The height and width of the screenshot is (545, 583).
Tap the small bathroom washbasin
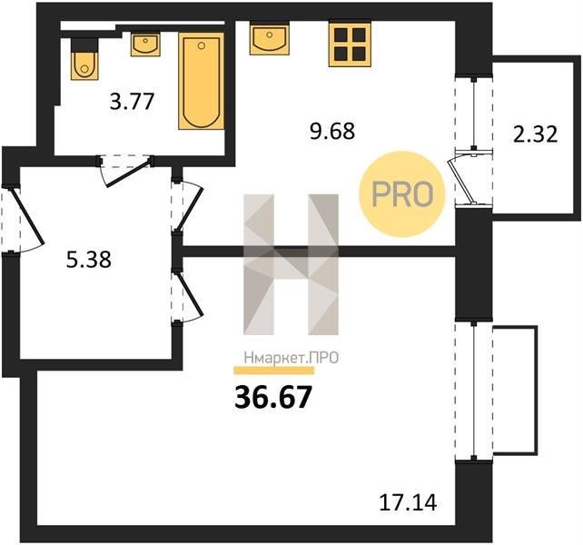click(145, 45)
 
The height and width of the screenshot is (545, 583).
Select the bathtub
click(202, 81)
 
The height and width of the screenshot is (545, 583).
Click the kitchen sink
click(270, 38)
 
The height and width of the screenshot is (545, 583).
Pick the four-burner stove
click(350, 45)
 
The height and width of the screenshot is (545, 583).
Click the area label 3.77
click(132, 101)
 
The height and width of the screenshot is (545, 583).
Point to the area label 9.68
click(332, 131)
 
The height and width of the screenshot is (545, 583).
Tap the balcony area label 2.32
click(536, 134)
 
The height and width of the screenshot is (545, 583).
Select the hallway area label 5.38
click(89, 259)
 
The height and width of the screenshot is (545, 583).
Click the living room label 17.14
click(408, 502)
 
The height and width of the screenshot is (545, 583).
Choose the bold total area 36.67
click(272, 397)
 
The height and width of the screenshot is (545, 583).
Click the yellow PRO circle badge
click(402, 193)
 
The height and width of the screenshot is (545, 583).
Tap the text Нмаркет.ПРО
click(291, 358)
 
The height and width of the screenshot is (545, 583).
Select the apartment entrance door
click(26, 220)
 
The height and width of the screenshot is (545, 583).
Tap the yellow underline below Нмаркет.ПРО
click(273, 371)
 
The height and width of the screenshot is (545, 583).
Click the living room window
click(474, 391)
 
